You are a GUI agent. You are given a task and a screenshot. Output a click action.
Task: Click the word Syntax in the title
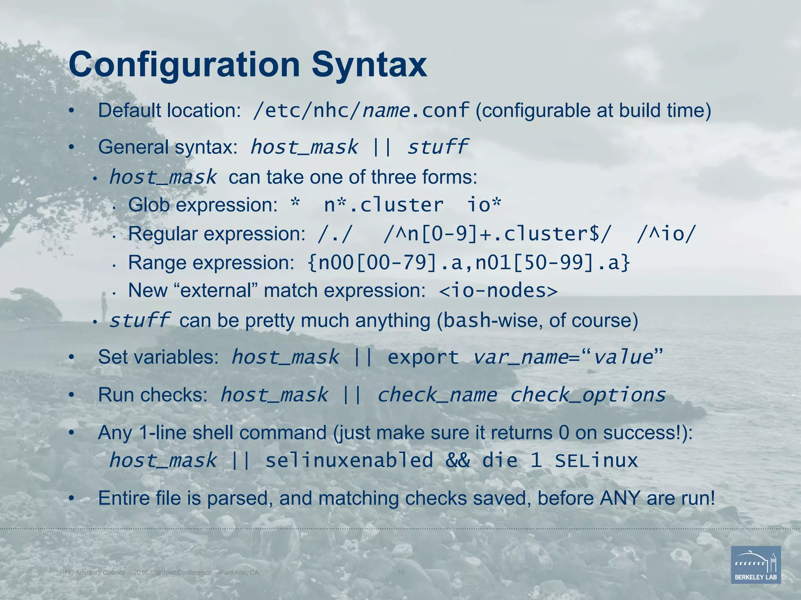pos(369,65)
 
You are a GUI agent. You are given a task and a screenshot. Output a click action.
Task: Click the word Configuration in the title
pos(184,65)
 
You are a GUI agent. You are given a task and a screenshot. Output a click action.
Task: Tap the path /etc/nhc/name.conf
pos(361,111)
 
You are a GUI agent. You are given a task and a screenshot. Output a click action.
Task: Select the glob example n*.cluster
pos(384,205)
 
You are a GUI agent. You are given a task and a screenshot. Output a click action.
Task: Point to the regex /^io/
pos(666,234)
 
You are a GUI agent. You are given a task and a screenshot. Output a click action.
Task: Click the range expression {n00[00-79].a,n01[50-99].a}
pos(469,262)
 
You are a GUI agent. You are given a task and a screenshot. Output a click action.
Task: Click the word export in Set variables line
pos(423,357)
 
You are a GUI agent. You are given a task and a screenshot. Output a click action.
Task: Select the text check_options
pos(587,395)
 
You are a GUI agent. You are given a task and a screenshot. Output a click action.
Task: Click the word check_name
pos(437,395)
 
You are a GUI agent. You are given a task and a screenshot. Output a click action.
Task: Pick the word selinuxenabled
pos(349,460)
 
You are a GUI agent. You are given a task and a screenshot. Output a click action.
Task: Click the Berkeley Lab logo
pos(756,565)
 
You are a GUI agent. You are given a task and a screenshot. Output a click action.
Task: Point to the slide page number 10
pos(400,573)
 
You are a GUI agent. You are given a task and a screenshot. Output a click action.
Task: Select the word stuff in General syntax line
pos(437,147)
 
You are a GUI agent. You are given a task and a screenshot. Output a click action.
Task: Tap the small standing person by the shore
pos(104,305)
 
